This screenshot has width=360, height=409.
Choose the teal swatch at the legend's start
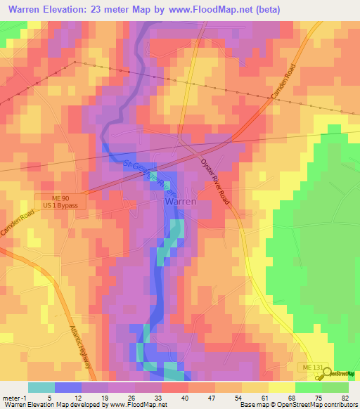point(41,387)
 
